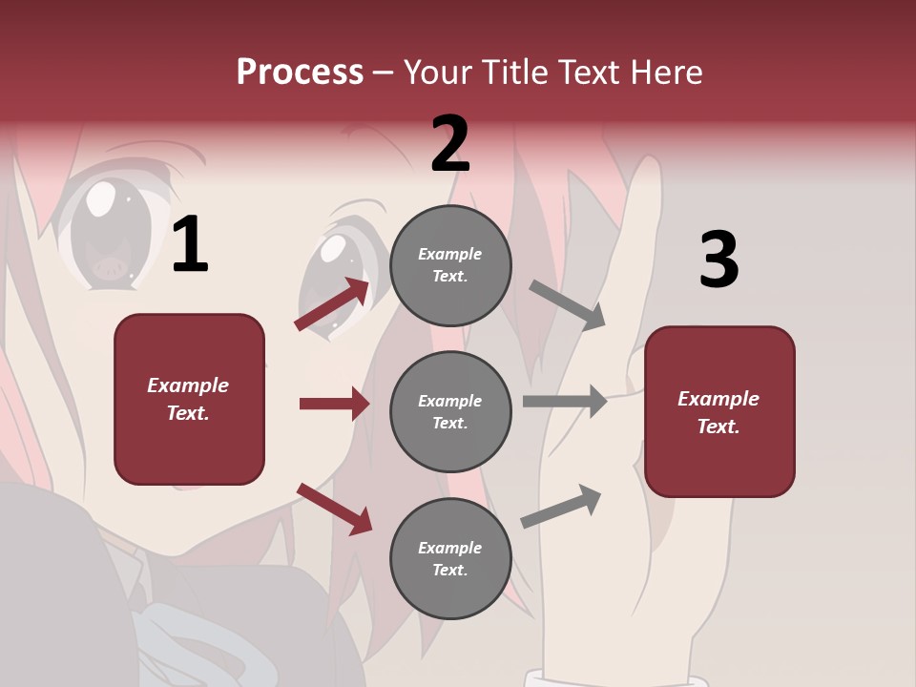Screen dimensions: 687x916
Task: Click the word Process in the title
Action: coord(300,73)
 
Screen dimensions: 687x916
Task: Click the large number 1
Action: coord(190,245)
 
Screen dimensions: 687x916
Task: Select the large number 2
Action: coord(449,144)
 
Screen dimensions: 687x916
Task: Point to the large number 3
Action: coord(718,260)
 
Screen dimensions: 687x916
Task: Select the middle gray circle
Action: coord(450,411)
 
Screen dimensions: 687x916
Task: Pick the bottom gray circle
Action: coord(450,558)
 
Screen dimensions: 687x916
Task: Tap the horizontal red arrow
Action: coord(334,404)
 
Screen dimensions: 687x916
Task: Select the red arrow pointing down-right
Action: coord(335,509)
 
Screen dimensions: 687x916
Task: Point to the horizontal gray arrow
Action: coord(565,401)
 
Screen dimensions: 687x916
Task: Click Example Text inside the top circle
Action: coord(450,265)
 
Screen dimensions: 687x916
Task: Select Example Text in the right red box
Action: coord(718,412)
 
